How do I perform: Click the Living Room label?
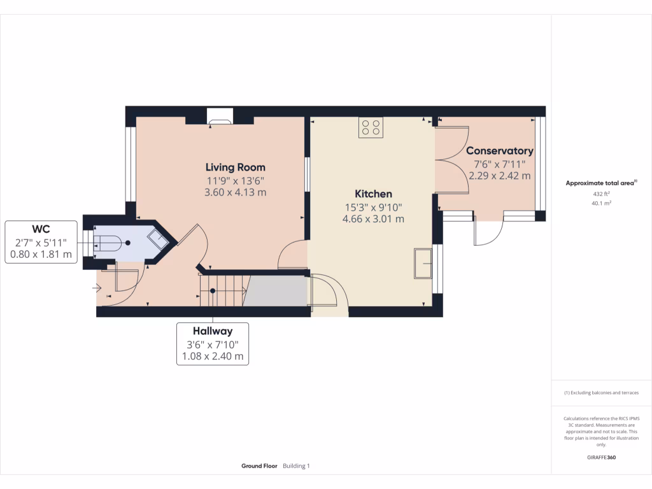235,167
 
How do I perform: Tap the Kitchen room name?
373,194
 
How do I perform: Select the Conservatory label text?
499,151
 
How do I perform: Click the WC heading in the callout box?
41,229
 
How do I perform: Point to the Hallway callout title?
213,331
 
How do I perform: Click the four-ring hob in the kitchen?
371,127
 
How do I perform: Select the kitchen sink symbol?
423,263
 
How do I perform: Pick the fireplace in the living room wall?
220,117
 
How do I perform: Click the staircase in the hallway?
222,290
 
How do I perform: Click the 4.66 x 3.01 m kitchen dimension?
373,219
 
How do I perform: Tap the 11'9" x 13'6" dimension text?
235,180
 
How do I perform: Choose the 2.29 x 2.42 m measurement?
499,176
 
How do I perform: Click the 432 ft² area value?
601,194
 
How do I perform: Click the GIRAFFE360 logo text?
601,457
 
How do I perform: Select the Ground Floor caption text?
259,466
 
